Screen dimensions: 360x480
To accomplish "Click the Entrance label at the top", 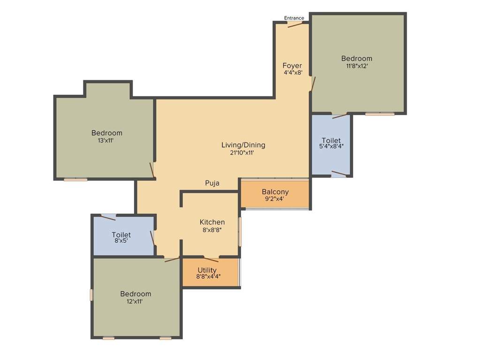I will click(x=294, y=18).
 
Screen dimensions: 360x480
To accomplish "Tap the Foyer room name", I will click(x=292, y=66).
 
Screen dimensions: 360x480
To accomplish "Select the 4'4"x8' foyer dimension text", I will click(x=292, y=73).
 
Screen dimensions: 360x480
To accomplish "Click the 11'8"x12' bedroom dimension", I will click(x=356, y=66).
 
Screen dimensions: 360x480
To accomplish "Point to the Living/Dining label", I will click(x=243, y=145).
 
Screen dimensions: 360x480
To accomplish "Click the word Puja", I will click(x=212, y=183).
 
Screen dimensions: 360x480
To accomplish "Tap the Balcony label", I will click(x=275, y=192).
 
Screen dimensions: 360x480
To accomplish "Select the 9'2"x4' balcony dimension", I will click(x=275, y=199).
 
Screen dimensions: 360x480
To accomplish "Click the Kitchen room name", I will click(x=212, y=222).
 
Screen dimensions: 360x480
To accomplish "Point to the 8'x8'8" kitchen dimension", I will click(x=212, y=230).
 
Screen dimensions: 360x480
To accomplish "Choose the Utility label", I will click(x=207, y=270).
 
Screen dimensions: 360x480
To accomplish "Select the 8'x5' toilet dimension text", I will click(x=121, y=241).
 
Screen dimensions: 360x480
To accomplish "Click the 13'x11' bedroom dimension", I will click(x=106, y=140).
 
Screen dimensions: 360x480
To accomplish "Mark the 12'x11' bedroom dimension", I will click(x=135, y=301).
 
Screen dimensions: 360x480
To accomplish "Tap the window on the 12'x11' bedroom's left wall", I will click(x=91, y=294).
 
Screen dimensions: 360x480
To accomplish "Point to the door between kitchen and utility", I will click(x=211, y=258).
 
